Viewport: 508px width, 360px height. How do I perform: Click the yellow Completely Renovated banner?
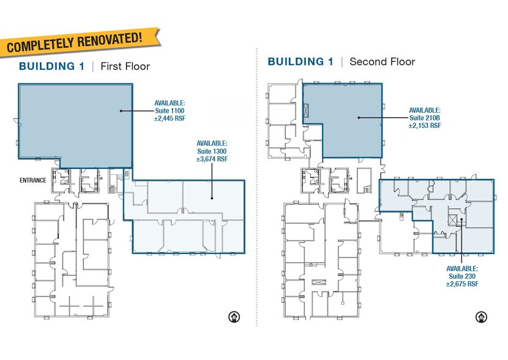coord(80,42)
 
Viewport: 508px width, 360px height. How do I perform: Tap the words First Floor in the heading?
coord(125,66)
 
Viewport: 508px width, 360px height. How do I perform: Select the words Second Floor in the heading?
coord(383,62)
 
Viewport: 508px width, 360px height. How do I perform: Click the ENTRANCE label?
coord(33,180)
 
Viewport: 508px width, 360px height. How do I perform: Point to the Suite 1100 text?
coord(170,110)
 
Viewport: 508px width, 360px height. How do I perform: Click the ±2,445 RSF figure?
coord(170,118)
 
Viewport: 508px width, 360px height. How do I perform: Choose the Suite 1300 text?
coord(212,151)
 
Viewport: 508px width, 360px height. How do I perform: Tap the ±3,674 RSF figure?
coord(212,159)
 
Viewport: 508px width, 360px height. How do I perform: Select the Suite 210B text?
coord(425,118)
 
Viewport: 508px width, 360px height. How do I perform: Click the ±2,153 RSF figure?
coord(425,126)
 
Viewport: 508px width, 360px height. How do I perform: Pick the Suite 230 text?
coord(462,276)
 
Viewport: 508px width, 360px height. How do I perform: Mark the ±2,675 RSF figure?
coord(462,284)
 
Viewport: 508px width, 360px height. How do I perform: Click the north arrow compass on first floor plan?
coord(234,317)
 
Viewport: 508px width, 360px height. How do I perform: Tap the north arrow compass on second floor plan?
coord(481,317)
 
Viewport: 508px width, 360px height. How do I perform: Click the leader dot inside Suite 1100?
coord(121,111)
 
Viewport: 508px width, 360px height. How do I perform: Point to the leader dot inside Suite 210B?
coord(359,118)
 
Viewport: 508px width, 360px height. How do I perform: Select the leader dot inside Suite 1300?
coord(212,198)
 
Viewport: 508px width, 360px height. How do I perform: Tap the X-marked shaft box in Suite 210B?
coord(306,111)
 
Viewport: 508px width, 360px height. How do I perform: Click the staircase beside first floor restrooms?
coord(113,185)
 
